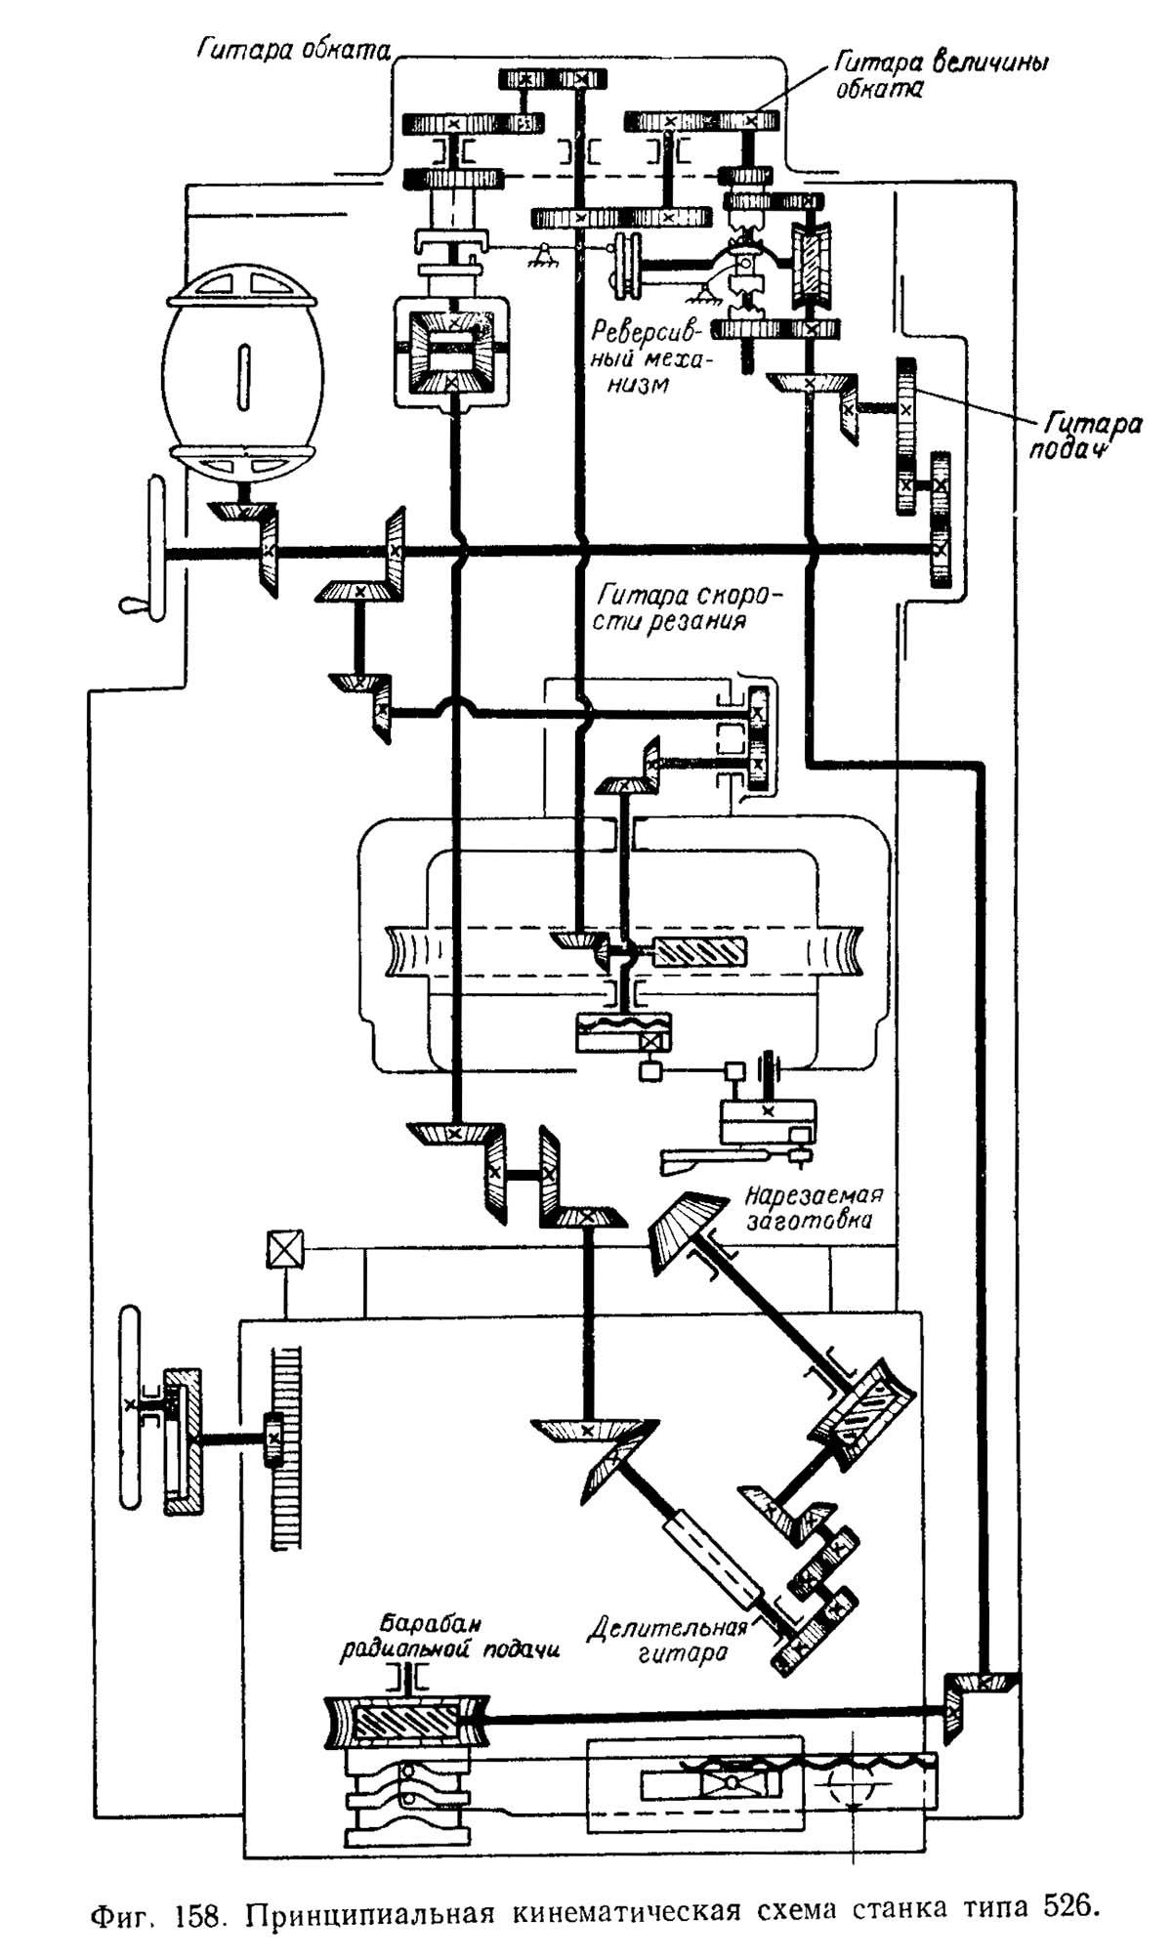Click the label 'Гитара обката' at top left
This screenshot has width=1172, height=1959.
pyautogui.click(x=293, y=49)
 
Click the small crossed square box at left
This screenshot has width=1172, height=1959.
pyautogui.click(x=284, y=1249)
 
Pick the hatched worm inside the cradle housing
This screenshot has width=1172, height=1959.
pyautogui.click(x=698, y=952)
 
